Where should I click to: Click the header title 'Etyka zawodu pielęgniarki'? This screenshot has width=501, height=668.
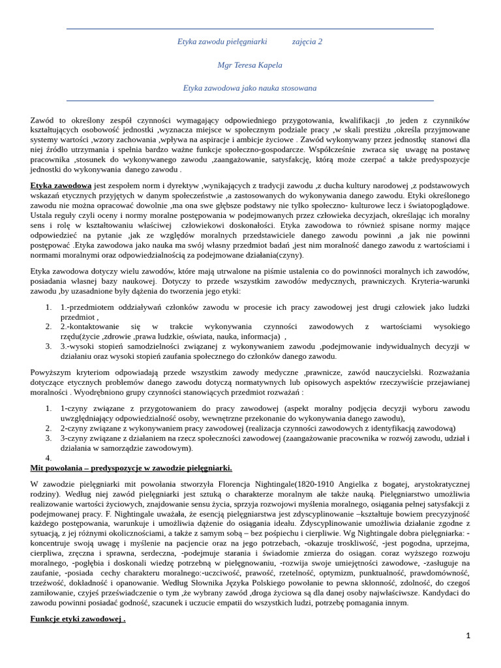point(222,41)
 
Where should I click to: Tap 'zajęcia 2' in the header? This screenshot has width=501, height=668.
point(307,41)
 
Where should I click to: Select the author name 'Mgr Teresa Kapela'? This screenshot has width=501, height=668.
point(250,65)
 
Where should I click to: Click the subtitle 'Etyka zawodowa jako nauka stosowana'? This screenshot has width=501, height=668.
point(250,87)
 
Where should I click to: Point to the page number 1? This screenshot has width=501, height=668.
point(468,635)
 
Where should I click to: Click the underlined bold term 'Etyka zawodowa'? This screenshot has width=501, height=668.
point(61,185)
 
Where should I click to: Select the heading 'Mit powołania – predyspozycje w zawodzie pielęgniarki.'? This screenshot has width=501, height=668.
point(131,468)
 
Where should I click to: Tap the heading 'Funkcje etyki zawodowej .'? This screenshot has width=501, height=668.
point(78,618)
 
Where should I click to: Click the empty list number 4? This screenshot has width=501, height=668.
point(48,458)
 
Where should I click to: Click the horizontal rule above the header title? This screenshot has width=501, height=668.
point(250,29)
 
